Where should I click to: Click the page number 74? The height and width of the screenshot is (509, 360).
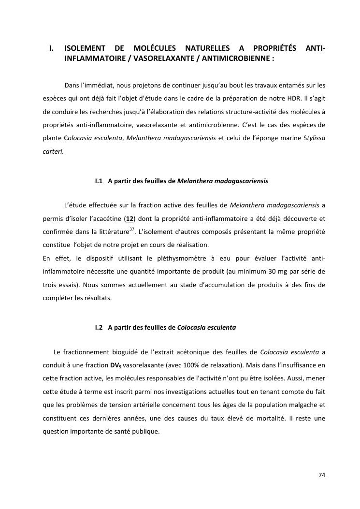pos(322,475)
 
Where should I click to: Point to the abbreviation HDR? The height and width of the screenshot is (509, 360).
pos(289,98)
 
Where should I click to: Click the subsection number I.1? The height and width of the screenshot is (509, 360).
pos(100,181)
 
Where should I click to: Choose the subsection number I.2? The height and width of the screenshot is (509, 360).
pos(100,327)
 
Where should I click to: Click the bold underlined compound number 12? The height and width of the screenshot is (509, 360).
pos(130,218)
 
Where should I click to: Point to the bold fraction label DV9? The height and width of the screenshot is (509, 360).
pos(116,365)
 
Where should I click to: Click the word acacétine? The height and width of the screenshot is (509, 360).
pos(107,218)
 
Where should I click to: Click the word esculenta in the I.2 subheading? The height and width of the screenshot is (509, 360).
pos(222,327)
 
